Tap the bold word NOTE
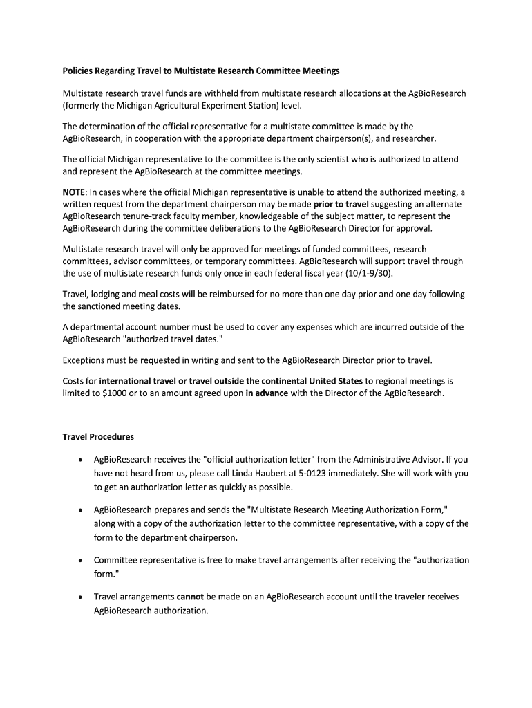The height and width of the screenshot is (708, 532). click(75, 192)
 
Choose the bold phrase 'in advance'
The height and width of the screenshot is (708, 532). click(267, 393)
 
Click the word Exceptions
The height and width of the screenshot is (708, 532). click(87, 360)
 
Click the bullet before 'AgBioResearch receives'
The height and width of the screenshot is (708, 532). click(82, 460)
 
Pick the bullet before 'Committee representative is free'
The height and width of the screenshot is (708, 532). click(82, 561)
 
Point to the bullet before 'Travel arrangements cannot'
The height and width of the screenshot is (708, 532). click(82, 597)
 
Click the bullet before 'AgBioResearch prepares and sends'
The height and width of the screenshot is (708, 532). click(82, 510)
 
